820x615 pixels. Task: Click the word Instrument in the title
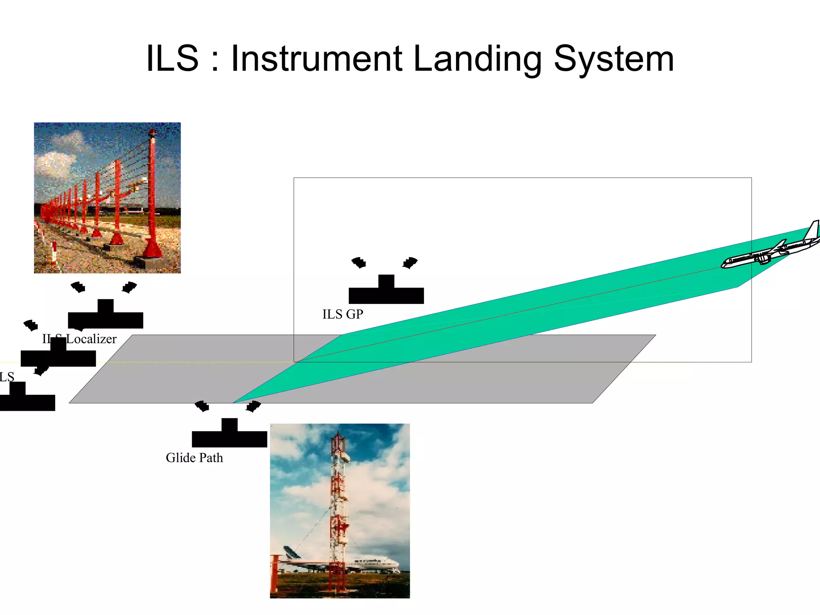316,59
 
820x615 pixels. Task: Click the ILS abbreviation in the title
172,59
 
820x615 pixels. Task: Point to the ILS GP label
343,314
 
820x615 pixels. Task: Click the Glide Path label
194,458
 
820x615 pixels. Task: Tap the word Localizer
91,339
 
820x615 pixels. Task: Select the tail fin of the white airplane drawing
813,230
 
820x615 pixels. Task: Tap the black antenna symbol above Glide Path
229,435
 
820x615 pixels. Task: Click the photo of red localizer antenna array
107,198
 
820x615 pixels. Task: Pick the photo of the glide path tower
340,510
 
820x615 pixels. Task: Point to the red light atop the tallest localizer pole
152,133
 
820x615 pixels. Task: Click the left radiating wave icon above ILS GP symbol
359,263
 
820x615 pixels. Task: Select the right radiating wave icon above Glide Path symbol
253,406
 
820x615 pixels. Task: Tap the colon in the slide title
215,60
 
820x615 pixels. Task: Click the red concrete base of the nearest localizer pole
152,248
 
